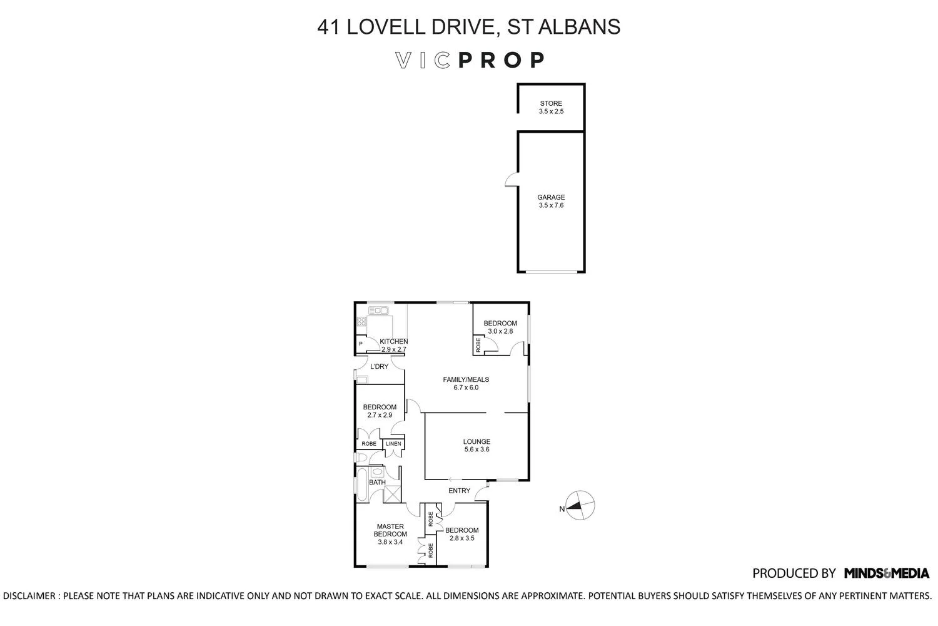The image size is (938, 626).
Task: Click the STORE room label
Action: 551,103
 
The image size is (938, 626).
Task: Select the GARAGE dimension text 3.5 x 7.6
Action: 551,205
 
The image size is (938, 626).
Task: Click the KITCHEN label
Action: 394,341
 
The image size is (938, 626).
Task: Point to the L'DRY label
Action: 379,366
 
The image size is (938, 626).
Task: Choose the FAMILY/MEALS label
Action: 466,379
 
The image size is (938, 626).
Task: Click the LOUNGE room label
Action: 477,441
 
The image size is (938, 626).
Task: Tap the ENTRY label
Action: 459,491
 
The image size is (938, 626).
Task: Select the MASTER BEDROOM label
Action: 390,530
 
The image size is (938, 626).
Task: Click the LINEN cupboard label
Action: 393,444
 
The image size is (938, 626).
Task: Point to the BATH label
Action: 377,483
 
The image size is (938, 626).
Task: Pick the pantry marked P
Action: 361,344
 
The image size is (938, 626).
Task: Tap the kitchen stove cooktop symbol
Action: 361,322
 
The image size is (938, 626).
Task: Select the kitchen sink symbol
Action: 378,310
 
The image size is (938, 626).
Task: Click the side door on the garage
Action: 512,180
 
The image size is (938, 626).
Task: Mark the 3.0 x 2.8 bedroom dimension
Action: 500,331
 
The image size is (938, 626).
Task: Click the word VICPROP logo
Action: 470,60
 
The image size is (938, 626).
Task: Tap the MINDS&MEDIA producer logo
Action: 886,573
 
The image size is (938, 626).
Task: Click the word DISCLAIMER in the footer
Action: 29,596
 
